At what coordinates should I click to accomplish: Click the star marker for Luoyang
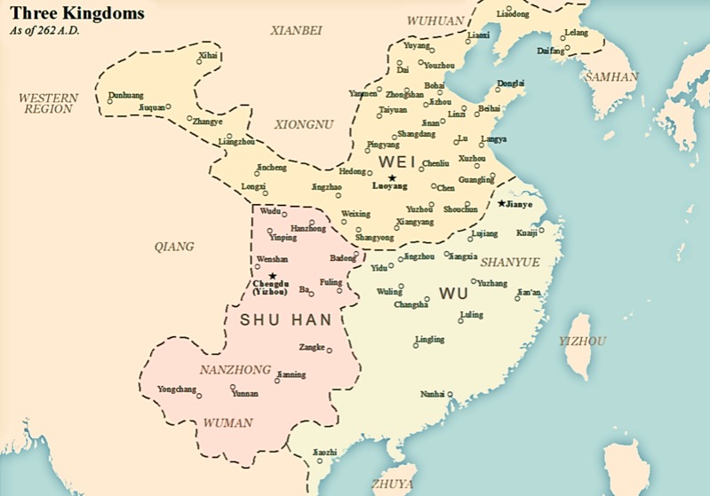click(x=392, y=177)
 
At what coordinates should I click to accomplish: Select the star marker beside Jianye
click(x=502, y=203)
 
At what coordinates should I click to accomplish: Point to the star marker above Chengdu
click(x=273, y=276)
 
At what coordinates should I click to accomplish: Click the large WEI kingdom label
click(x=397, y=161)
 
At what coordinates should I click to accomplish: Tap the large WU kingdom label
click(x=454, y=293)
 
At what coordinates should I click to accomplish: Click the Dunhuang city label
click(x=124, y=94)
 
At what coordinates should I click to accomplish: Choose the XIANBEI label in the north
click(x=298, y=30)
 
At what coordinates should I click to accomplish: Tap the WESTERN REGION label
click(x=48, y=103)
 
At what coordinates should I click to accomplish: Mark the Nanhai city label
click(x=433, y=393)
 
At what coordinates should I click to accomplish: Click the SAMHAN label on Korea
click(x=610, y=77)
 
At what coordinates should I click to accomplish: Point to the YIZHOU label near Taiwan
click(x=582, y=341)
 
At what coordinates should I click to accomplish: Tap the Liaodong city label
click(x=512, y=15)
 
